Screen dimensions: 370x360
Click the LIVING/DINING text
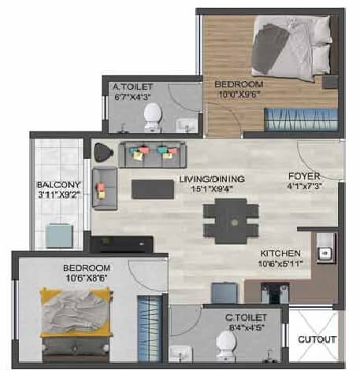click(211, 179)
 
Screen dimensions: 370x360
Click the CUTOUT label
click(317, 340)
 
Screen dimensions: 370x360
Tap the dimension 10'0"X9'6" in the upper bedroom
click(239, 93)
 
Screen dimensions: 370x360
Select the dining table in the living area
click(230, 213)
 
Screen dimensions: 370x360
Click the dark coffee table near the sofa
click(152, 189)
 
